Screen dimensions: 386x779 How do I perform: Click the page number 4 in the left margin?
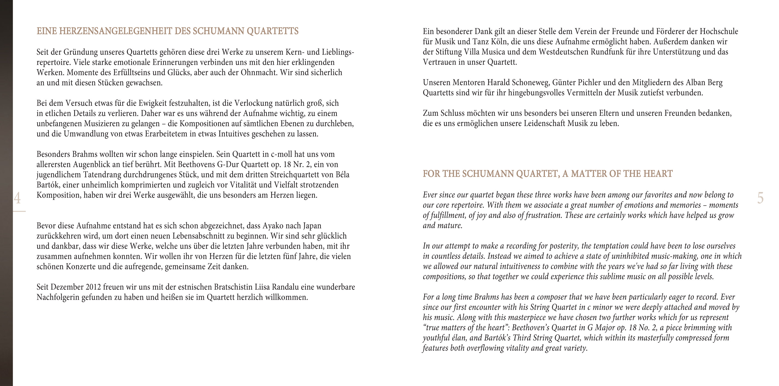click(17, 198)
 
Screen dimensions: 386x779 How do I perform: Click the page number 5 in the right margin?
click(760, 198)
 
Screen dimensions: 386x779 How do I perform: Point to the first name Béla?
click(342, 175)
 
